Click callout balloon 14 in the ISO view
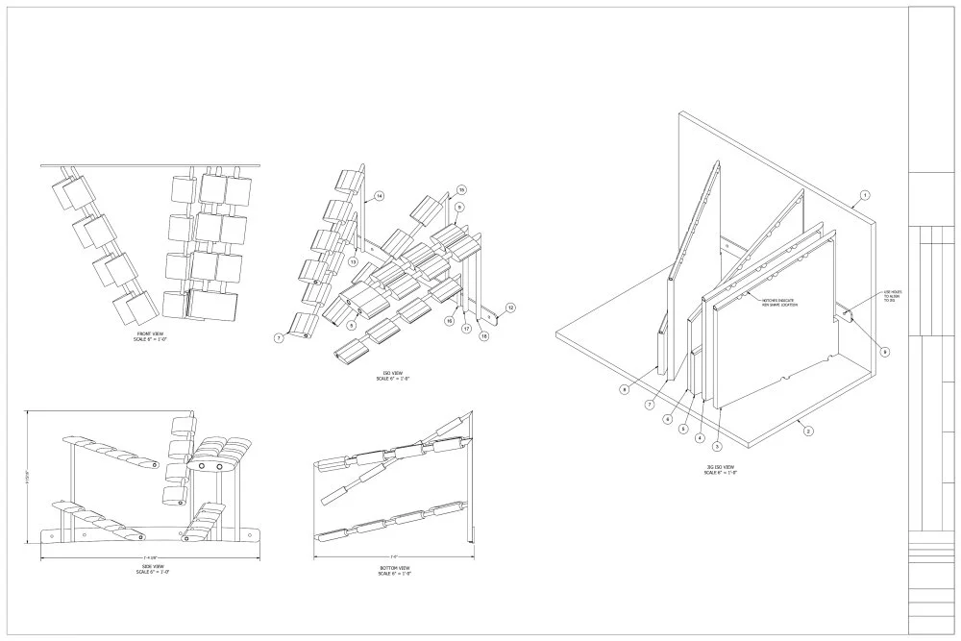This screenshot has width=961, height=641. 380,196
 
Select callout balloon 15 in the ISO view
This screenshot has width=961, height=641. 460,189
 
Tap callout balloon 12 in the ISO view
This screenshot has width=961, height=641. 511,308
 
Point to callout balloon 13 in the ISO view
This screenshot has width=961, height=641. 353,261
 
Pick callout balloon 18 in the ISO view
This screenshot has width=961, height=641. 484,336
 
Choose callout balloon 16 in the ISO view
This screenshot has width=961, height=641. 449,321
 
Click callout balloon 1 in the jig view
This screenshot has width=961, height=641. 864,195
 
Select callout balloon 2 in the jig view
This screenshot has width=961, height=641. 808,431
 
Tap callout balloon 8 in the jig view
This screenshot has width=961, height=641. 624,389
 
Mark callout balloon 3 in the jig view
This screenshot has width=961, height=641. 717,447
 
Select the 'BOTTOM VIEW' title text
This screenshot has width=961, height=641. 395,569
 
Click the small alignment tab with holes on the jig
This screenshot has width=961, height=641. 846,311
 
